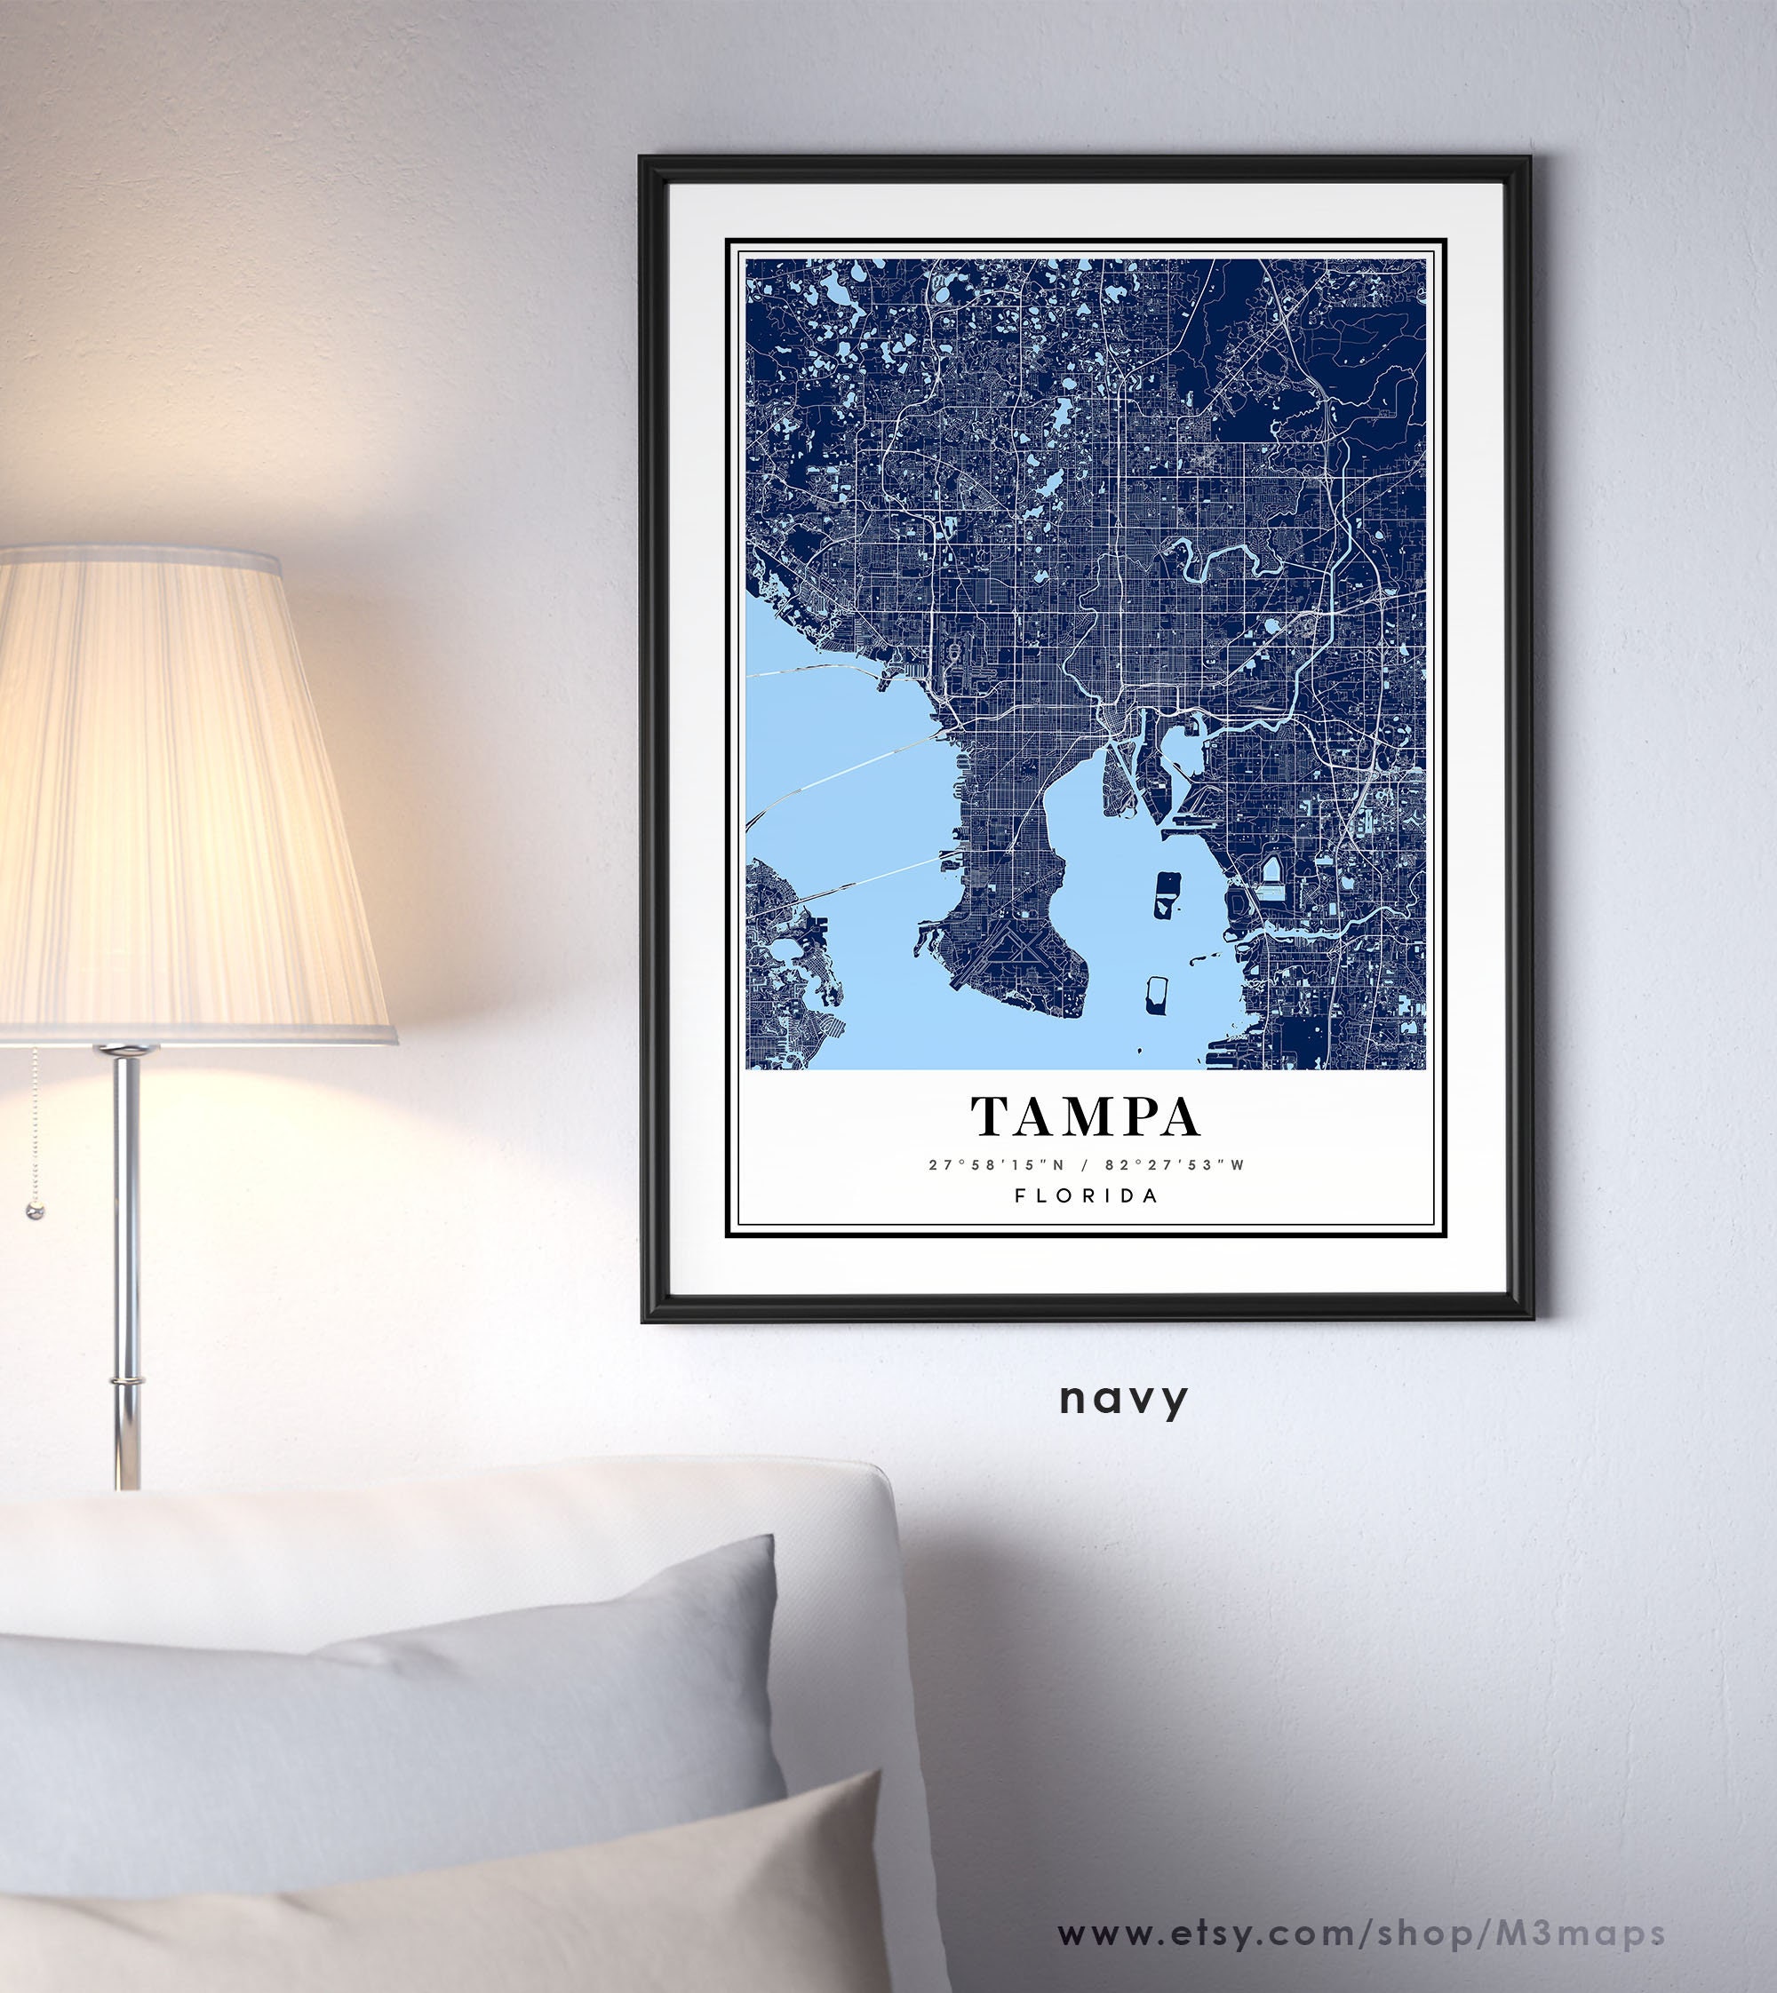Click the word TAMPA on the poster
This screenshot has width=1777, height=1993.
(1085, 1116)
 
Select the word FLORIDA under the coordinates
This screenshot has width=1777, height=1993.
(1086, 1195)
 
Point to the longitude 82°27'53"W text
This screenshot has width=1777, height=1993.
(1175, 1164)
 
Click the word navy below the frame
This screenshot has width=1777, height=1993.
(1123, 1399)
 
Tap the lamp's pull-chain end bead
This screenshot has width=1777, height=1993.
(36, 1211)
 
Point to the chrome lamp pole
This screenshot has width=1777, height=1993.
(127, 1269)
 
